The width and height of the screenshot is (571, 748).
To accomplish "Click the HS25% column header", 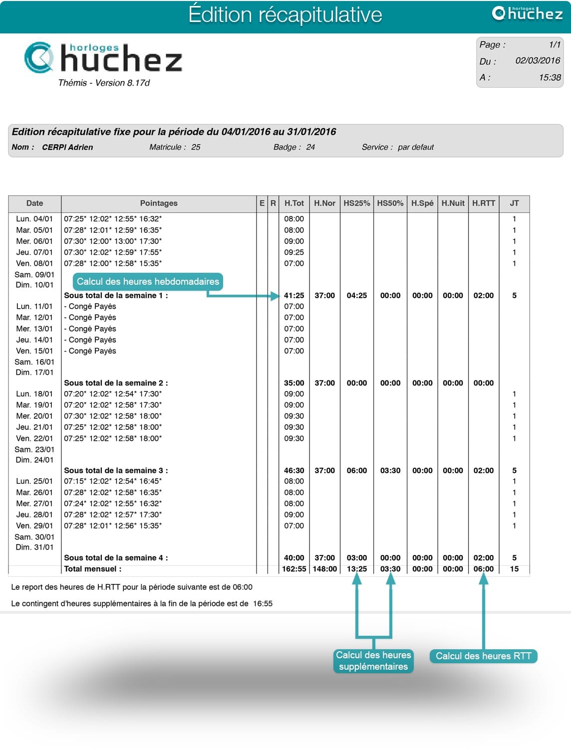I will pyautogui.click(x=357, y=203).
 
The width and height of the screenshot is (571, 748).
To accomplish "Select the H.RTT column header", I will pyautogui.click(x=484, y=203).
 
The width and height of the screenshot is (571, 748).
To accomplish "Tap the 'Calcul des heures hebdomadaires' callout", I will pyautogui.click(x=148, y=282).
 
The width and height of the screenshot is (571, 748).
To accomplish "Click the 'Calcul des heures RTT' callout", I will pyautogui.click(x=483, y=656).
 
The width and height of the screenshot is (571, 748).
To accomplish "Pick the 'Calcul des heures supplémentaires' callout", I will pyautogui.click(x=373, y=661).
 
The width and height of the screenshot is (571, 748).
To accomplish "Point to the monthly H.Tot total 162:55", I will pyautogui.click(x=294, y=569).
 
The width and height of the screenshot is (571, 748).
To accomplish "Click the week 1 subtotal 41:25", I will pyautogui.click(x=294, y=296).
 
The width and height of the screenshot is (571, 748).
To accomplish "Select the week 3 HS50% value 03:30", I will pyautogui.click(x=390, y=471).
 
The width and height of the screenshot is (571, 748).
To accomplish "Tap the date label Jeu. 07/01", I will pyautogui.click(x=34, y=252).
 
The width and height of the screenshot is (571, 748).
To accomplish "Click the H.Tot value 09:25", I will pyautogui.click(x=294, y=252).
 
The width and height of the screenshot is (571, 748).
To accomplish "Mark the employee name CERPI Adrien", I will pyautogui.click(x=67, y=148).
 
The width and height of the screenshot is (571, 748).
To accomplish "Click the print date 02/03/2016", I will pyautogui.click(x=538, y=61).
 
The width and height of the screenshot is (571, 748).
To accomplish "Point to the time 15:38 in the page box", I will pyautogui.click(x=550, y=78).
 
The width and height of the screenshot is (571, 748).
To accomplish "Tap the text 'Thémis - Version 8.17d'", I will pyautogui.click(x=104, y=83).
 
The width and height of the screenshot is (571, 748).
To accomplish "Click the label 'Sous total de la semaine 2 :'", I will pyautogui.click(x=116, y=383).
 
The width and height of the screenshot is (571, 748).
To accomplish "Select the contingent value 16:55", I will pyautogui.click(x=263, y=604).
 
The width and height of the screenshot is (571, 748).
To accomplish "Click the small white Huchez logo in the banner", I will pyautogui.click(x=527, y=13).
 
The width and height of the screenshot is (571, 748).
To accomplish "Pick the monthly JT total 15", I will pyautogui.click(x=514, y=569).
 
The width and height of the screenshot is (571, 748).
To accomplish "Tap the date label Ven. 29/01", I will pyautogui.click(x=34, y=526).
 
